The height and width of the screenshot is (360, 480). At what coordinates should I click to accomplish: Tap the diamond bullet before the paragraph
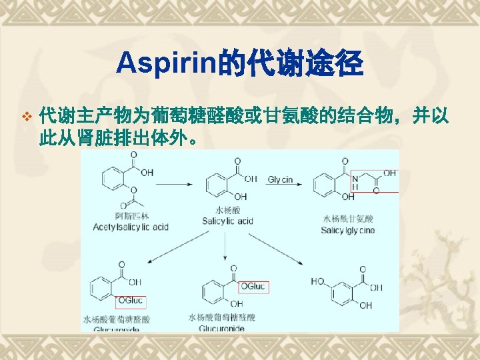26,117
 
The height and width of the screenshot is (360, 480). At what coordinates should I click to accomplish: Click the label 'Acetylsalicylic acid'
131,227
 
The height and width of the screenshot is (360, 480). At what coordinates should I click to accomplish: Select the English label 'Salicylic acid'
227,221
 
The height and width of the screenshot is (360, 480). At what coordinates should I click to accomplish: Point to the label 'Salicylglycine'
347,230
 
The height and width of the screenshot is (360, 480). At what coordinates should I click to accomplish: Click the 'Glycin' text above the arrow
281,179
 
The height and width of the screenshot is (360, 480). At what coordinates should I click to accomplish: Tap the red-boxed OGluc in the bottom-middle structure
253,287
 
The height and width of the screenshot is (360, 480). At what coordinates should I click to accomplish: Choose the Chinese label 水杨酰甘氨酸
348,218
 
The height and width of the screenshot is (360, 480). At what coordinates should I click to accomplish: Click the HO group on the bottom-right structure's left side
318,281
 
